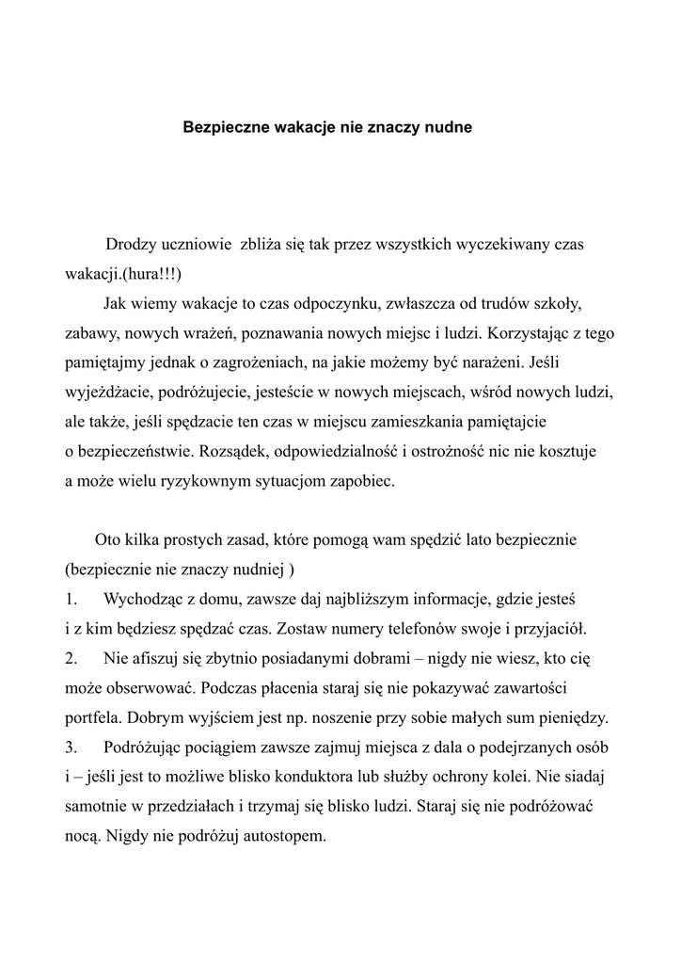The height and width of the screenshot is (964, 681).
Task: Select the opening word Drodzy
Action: point(134,246)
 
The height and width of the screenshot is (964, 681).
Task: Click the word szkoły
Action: point(557,304)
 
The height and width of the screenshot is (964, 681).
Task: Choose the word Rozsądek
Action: point(258,452)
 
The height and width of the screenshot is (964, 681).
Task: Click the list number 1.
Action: point(71,599)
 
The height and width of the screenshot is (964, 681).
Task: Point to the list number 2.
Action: point(71,657)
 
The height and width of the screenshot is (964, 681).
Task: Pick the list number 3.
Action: point(71,747)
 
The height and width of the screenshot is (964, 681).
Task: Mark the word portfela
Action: point(91,718)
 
